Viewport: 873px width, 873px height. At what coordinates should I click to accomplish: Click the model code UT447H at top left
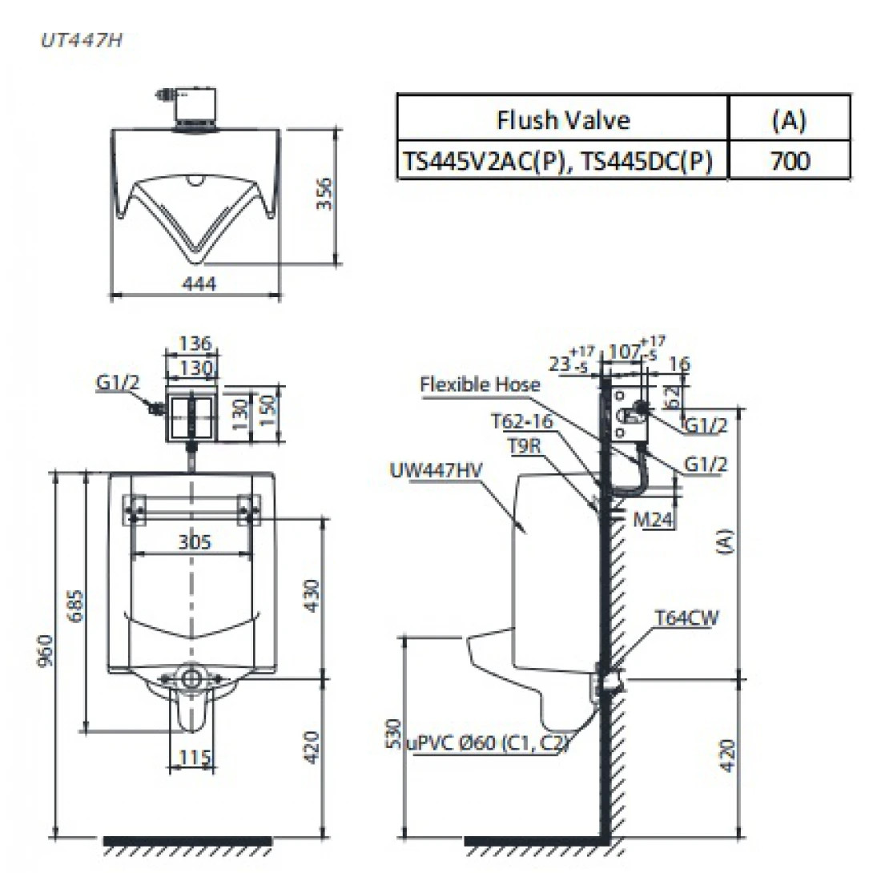tap(81, 41)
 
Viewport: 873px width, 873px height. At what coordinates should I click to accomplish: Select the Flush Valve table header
tap(563, 120)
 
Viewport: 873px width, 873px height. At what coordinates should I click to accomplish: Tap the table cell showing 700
tap(789, 161)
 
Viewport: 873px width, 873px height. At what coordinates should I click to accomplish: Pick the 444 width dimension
tap(196, 283)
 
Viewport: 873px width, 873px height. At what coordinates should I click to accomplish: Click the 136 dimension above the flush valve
tap(194, 344)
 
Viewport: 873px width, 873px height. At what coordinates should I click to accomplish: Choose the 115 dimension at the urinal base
tap(193, 757)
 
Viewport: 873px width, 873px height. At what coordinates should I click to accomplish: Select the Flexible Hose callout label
tap(481, 384)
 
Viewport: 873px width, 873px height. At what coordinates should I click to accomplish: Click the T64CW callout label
tap(686, 618)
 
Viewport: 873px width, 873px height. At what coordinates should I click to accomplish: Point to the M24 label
tap(653, 521)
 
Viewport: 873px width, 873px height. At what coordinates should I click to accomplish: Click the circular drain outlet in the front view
tap(191, 678)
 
